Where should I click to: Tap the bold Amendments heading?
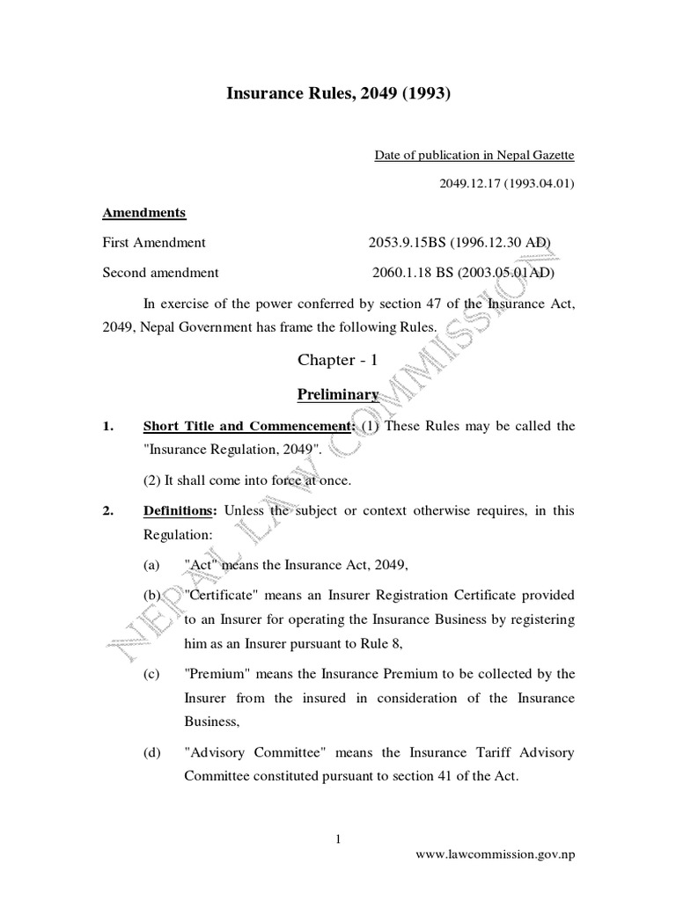(144, 213)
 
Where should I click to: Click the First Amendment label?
(154, 242)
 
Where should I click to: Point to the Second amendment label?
(161, 272)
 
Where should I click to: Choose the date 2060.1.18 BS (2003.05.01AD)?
(464, 272)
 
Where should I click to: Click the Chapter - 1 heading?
(338, 360)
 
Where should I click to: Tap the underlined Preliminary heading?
(338, 394)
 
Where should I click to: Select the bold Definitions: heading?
(180, 511)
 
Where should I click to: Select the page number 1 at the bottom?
(338, 839)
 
